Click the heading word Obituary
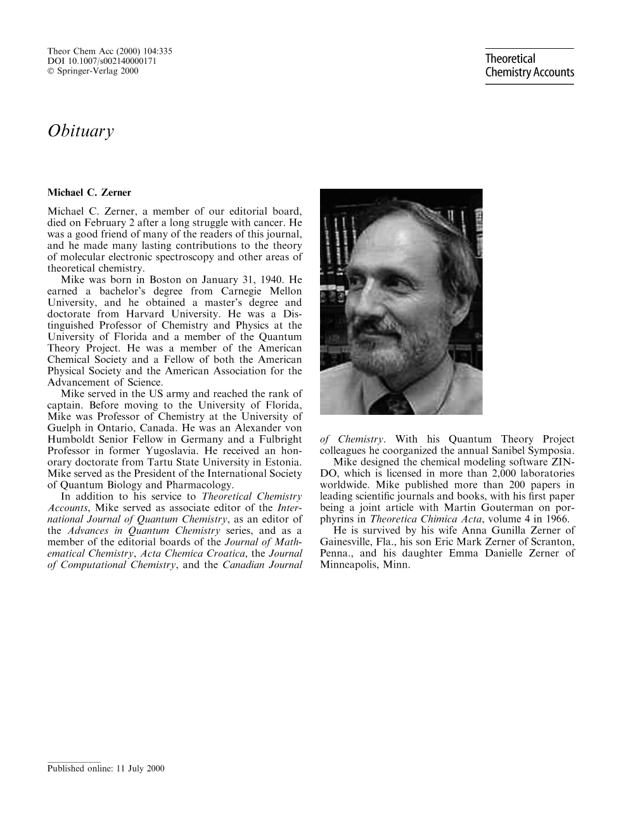coord(80,132)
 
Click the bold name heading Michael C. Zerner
coord(89,193)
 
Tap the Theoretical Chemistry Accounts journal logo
coord(529,66)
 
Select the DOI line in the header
coord(102,61)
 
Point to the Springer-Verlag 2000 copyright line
coord(93,71)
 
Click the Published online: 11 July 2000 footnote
coord(106,768)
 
